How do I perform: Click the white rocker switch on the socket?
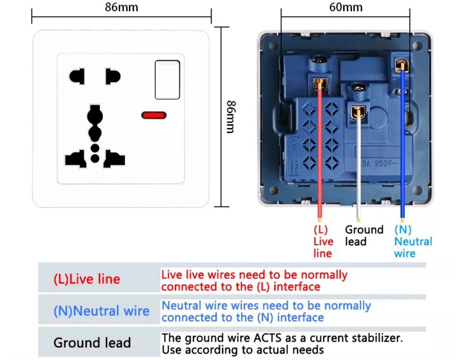click(x=167, y=80)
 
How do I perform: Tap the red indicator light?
click(x=154, y=115)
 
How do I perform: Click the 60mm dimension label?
click(x=346, y=7)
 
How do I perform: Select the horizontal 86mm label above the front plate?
click(x=121, y=7)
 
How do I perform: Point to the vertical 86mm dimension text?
click(x=231, y=117)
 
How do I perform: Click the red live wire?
click(x=320, y=153)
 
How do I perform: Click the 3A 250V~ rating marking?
click(x=379, y=163)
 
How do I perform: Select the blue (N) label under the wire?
click(x=403, y=230)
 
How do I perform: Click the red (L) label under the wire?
click(x=320, y=230)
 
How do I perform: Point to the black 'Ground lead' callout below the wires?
click(x=364, y=236)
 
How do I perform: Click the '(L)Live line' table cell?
click(x=87, y=279)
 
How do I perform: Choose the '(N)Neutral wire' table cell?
click(x=102, y=311)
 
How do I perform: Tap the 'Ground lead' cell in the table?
click(x=92, y=343)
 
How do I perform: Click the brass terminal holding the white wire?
click(x=358, y=112)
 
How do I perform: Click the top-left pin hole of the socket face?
click(x=77, y=76)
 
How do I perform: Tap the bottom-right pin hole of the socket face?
click(x=114, y=159)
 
